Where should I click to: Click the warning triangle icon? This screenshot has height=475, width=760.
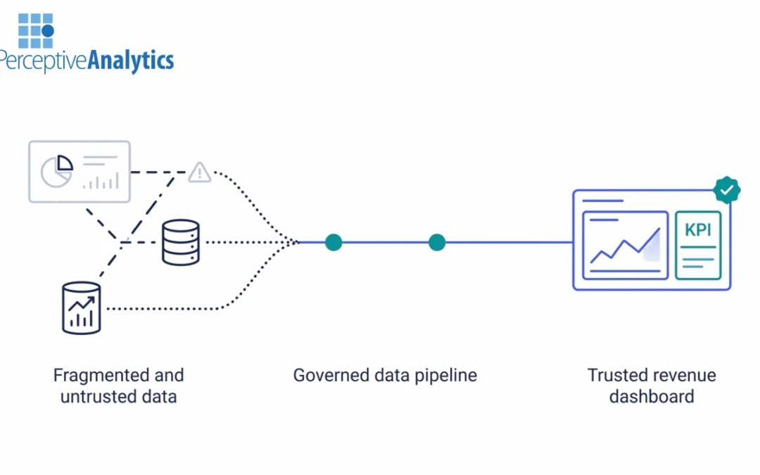200,172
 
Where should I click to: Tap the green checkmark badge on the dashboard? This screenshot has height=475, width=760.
726,189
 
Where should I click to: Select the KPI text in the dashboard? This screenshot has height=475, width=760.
698,230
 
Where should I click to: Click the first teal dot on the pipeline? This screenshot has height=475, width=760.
334,242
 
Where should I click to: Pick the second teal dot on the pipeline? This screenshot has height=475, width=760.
437,242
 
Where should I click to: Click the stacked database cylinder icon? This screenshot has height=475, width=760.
181,242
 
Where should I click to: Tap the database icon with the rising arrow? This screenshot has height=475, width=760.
81,308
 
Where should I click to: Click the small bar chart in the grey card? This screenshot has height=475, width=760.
101,182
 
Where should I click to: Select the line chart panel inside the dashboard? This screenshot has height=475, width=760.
625,245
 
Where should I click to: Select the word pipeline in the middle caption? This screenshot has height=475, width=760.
444,375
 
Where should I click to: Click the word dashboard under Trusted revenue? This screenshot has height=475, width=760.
652,396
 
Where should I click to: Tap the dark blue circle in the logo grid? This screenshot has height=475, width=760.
48,31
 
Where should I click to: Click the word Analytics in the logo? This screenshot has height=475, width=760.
130,61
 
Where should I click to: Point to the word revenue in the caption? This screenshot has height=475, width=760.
683,375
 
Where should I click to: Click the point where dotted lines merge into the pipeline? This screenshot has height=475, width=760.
296,242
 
